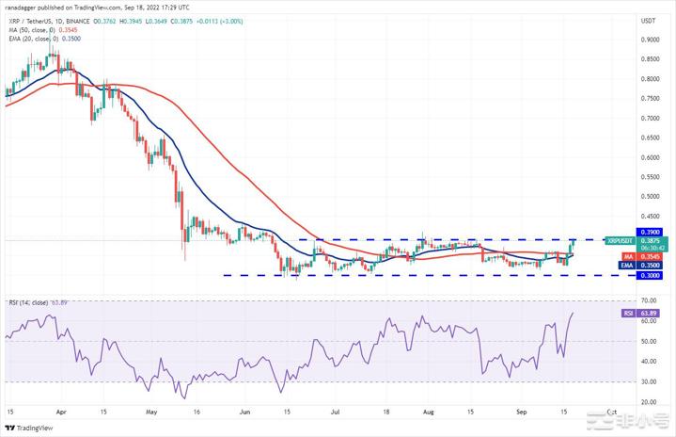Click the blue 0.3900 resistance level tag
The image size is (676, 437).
(x=649, y=232)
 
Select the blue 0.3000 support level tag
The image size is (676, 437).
(x=649, y=275)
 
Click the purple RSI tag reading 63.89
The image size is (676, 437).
(x=628, y=313)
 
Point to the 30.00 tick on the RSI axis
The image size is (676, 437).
(x=648, y=381)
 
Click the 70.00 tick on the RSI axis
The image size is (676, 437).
(x=648, y=301)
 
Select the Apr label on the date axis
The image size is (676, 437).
(x=61, y=412)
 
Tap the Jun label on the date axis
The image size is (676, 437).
(x=244, y=412)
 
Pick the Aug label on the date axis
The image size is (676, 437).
(x=428, y=412)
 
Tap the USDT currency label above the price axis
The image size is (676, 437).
(x=648, y=19)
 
